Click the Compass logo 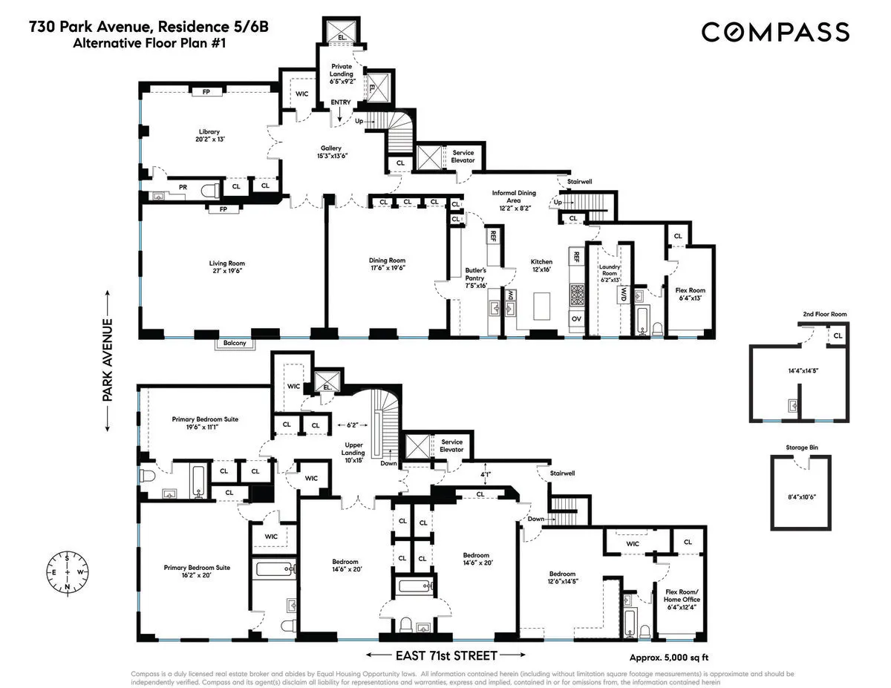coord(775,32)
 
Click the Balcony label coord(235,344)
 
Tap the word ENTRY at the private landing coord(341,102)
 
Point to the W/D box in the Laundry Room coord(624,295)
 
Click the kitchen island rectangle coord(544,305)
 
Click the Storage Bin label coord(800,448)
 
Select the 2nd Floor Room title coord(824,315)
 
